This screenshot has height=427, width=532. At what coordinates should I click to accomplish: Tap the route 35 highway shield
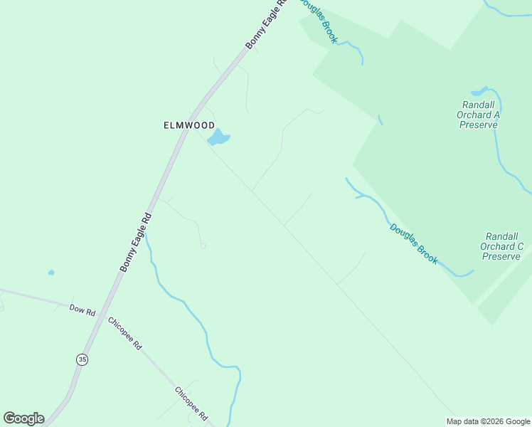pyautogui.click(x=83, y=360)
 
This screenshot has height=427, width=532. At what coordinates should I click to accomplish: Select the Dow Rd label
pyautogui.click(x=82, y=310)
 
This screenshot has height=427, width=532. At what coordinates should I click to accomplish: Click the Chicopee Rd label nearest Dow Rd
pyautogui.click(x=125, y=332)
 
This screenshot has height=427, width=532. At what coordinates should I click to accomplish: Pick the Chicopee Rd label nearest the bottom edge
pyautogui.click(x=191, y=403)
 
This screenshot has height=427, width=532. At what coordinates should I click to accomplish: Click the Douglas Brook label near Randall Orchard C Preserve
pyautogui.click(x=413, y=243)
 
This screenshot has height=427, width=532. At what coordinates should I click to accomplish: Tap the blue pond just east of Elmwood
pyautogui.click(x=218, y=137)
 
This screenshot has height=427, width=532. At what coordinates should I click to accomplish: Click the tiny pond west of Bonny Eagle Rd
pyautogui.click(x=50, y=272)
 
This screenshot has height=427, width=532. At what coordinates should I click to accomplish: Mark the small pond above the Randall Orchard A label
pyautogui.click(x=479, y=91)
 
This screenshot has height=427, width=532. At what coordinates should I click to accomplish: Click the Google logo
pyautogui.click(x=23, y=418)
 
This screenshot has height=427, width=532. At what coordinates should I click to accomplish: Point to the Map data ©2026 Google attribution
pyautogui.click(x=487, y=421)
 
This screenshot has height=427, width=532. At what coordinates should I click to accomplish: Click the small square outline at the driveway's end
pyautogui.click(x=203, y=246)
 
